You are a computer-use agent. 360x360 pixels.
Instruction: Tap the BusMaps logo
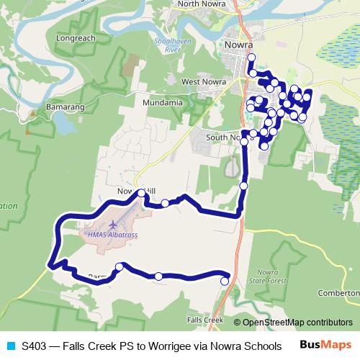coord(330,346)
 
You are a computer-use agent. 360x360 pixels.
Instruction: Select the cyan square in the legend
coord(10,346)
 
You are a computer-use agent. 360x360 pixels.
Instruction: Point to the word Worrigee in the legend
coord(175,346)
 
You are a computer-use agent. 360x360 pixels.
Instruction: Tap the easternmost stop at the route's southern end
coord(225,282)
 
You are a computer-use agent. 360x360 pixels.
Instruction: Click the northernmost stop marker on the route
coord(251,56)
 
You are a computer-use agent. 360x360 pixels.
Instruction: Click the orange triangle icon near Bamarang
coord(32,114)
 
